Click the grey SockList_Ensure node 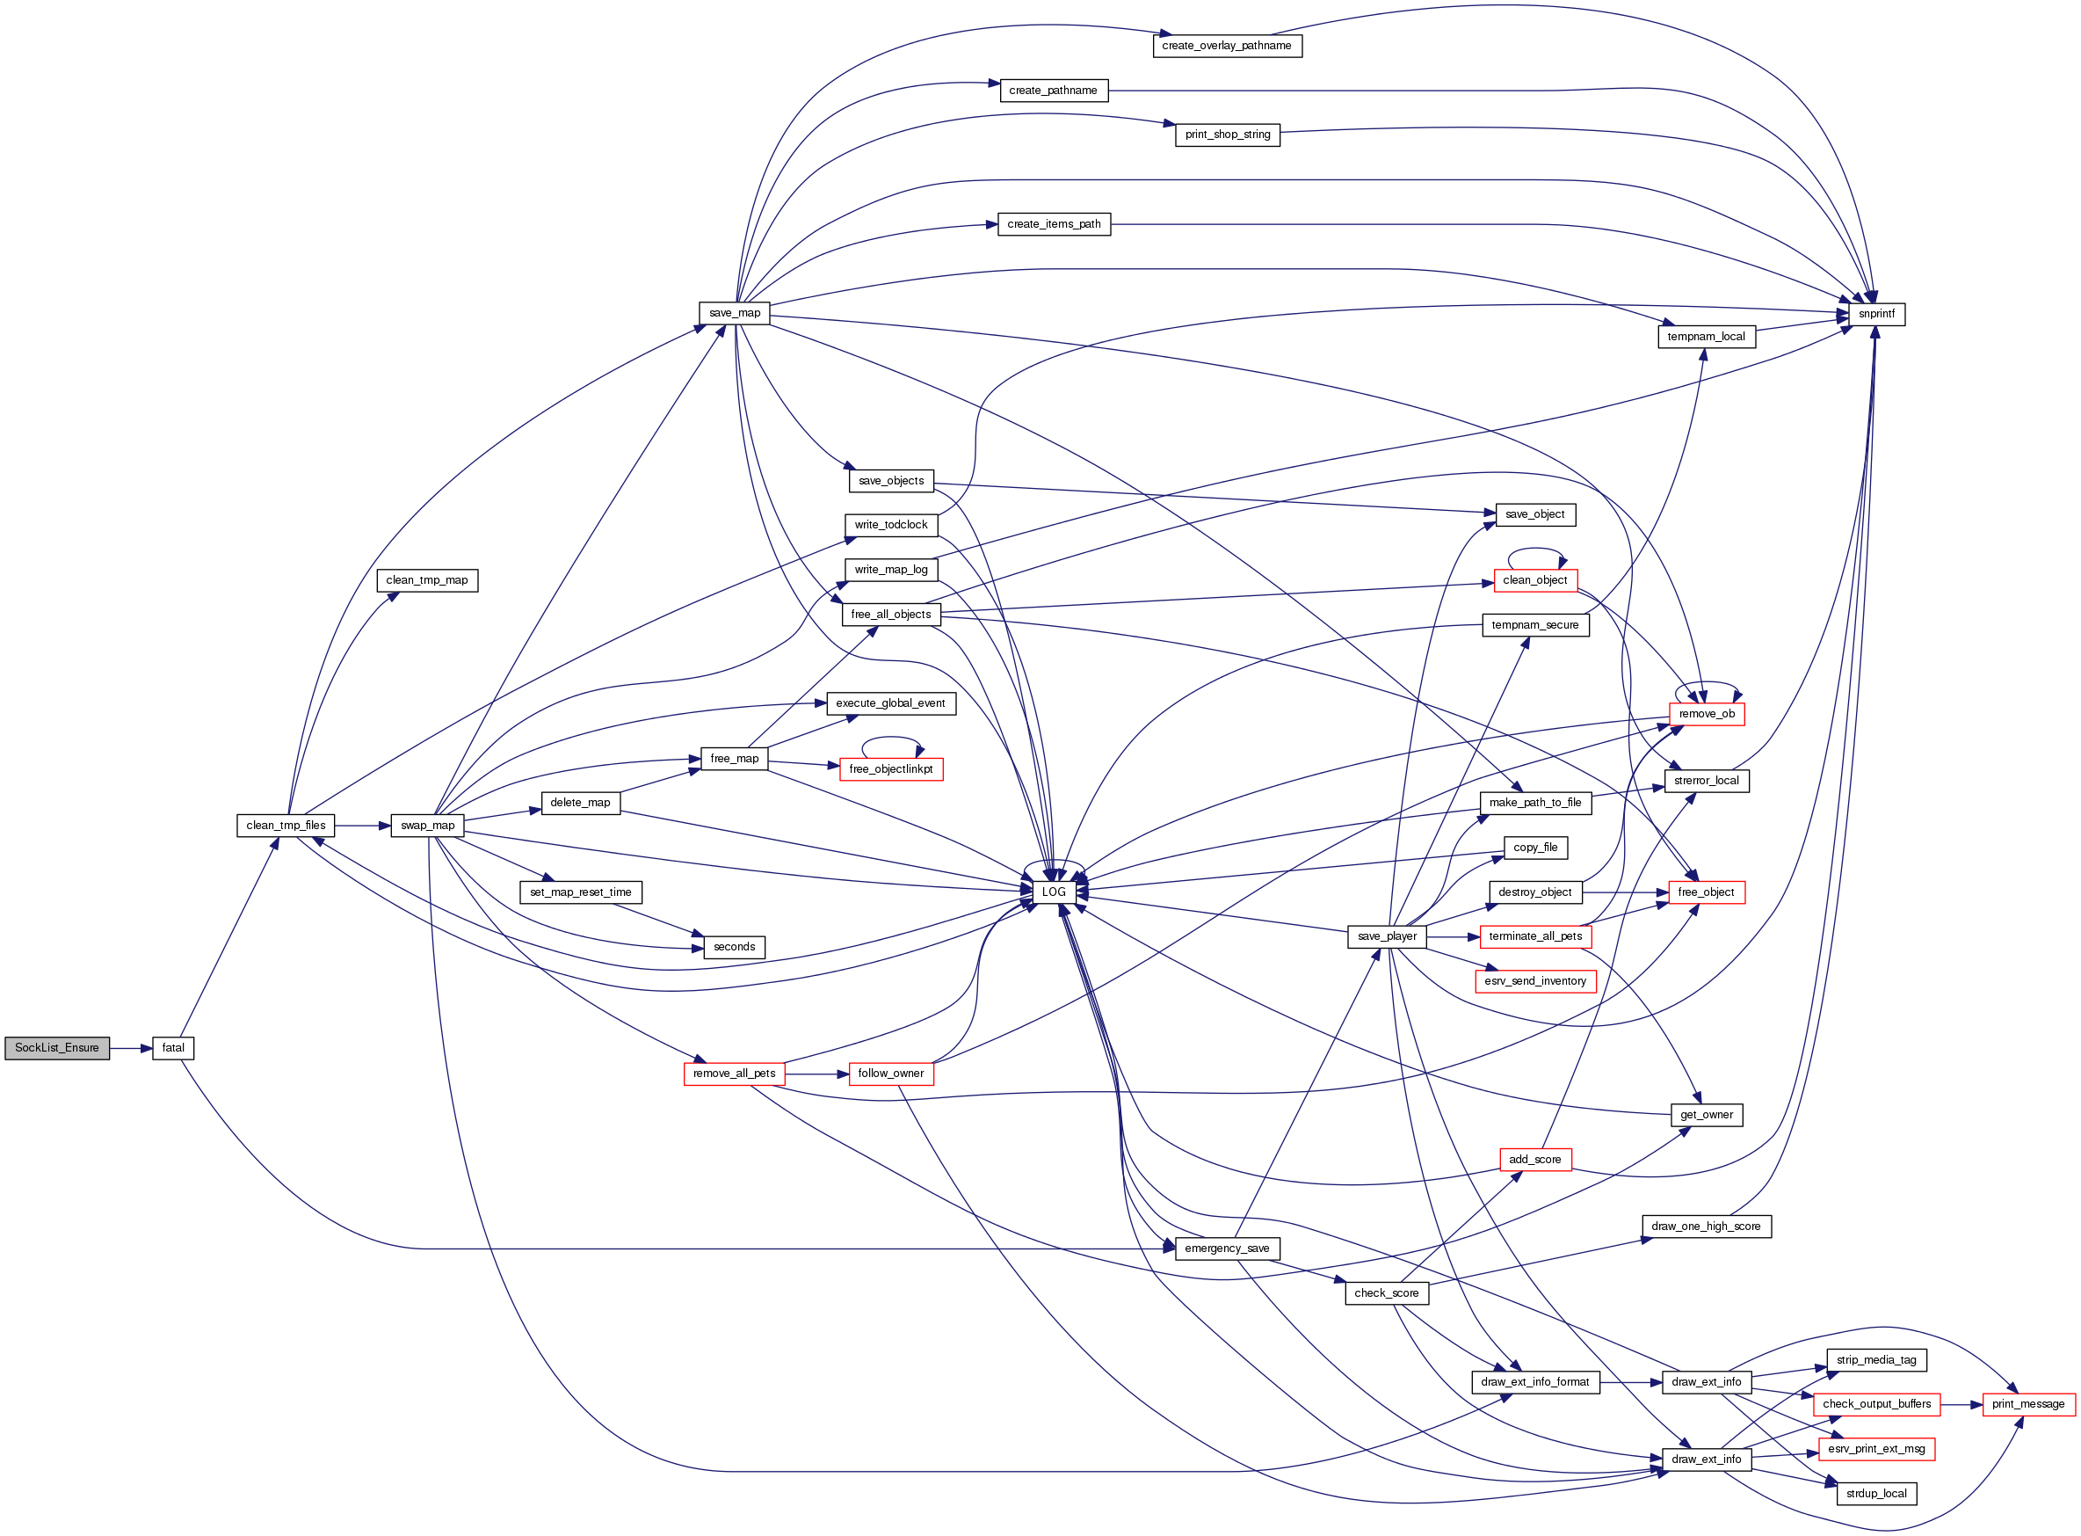pos(57,1049)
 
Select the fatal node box pos(173,1049)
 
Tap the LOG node pos(1053,892)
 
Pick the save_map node pos(735,313)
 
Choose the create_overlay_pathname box pos(1226,46)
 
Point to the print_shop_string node pos(1227,135)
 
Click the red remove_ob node pos(1706,715)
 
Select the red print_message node pos(2027,1405)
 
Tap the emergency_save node pos(1226,1248)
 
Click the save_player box pos(1386,937)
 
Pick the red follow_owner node pos(889,1074)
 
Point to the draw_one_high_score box pos(1705,1227)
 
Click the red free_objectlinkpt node pos(889,770)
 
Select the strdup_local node pos(1875,1494)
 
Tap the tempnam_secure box pos(1534,626)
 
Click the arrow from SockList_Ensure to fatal pos(130,1049)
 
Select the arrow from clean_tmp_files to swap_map pos(362,826)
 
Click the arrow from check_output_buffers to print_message pos(1961,1405)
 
